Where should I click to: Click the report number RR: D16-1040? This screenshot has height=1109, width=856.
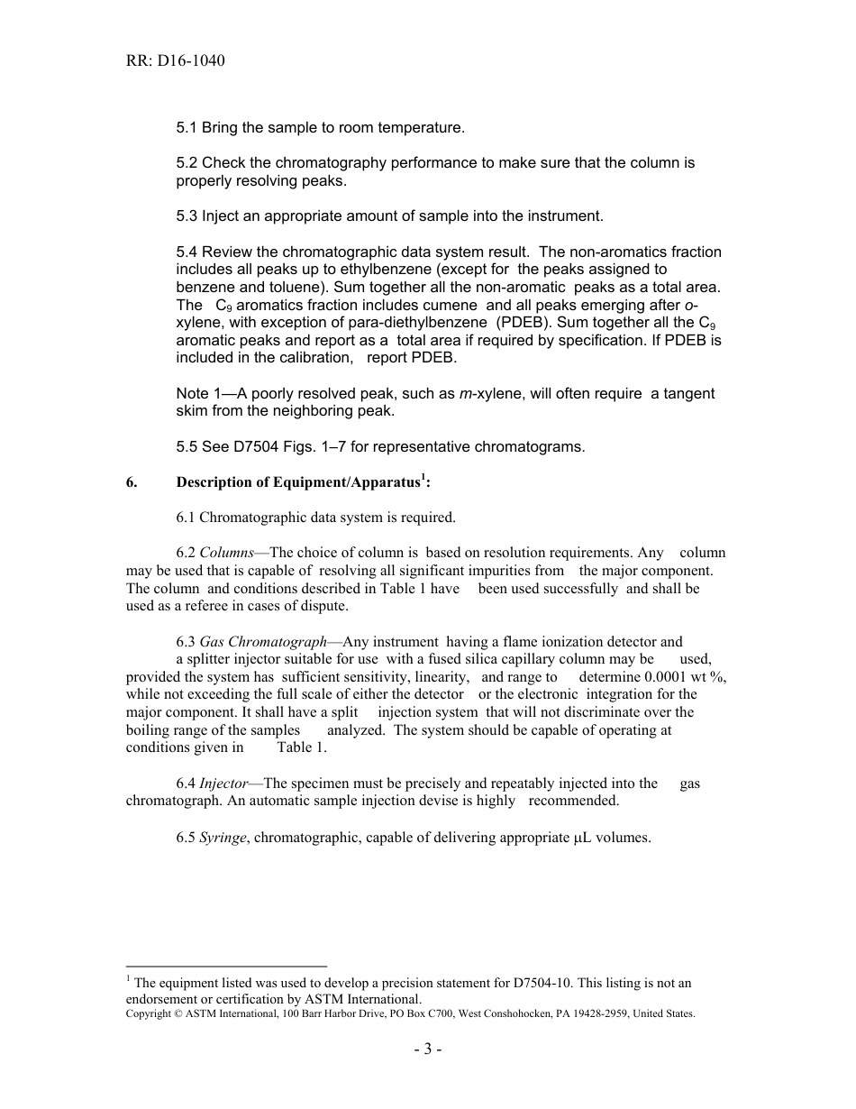pos(175,61)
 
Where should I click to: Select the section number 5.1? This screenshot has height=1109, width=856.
pos(187,128)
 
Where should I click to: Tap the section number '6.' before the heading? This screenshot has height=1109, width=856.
pos(132,482)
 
